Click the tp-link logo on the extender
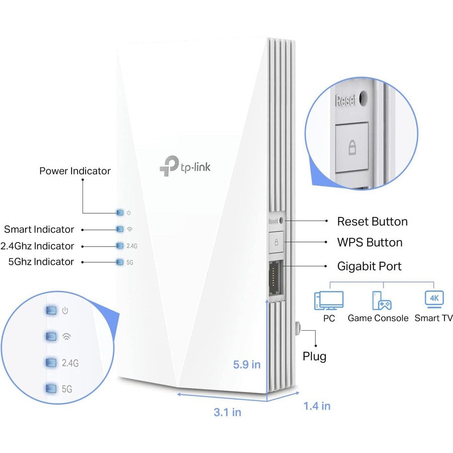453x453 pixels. click(185, 166)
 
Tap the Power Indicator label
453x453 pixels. click(74, 171)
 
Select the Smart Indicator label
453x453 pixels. click(39, 230)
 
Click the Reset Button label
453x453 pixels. click(372, 221)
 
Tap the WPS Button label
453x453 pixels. click(369, 243)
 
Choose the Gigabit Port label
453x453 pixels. click(369, 266)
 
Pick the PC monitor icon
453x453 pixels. click(329, 300)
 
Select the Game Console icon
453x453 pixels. click(382, 300)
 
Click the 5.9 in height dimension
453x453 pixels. click(247, 364)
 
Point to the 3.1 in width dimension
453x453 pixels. click(228, 412)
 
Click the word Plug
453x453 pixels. click(315, 357)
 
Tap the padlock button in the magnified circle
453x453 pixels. click(352, 147)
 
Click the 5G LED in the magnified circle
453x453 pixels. click(51, 388)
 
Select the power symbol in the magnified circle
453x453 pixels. click(65, 311)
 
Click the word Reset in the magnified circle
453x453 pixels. click(346, 100)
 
